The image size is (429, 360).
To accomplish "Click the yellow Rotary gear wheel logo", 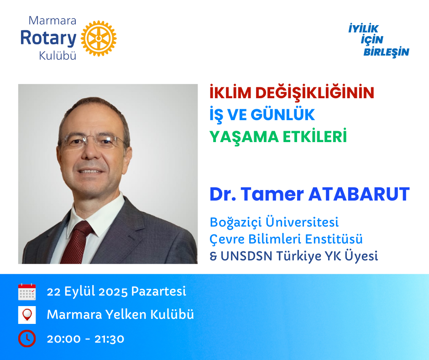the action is (x=99, y=38).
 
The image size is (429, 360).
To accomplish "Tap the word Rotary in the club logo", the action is (x=48, y=38).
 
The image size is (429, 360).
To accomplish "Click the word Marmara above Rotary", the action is (x=52, y=21).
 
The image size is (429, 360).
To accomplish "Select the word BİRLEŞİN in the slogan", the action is (x=386, y=52).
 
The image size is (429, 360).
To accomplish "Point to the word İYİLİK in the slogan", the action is (x=363, y=28).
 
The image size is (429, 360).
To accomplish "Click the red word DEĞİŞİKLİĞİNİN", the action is (x=314, y=92).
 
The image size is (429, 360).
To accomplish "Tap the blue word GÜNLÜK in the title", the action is (x=283, y=115).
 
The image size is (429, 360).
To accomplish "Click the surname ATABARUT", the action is (x=359, y=194).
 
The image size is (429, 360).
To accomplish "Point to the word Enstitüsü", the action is (x=334, y=239).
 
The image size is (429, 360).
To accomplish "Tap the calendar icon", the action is (x=27, y=292).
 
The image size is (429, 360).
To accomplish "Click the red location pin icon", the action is (x=27, y=315).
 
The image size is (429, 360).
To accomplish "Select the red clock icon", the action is (x=27, y=339).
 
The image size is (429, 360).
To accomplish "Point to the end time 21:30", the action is (x=110, y=339).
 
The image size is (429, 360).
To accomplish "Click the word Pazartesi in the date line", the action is (x=159, y=291).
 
